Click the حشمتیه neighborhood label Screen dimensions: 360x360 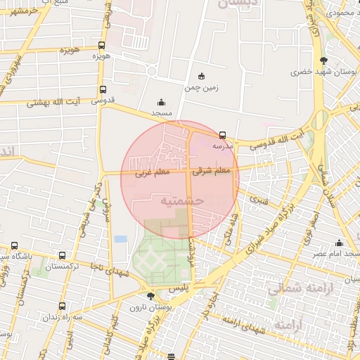pos(182,200)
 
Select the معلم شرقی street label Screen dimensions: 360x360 pos(214,170)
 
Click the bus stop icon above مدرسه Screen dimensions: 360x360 pos(223,135)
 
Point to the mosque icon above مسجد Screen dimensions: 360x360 pos(161,102)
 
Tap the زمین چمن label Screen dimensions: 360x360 pos(202,88)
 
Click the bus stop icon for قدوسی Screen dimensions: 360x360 pos(103,89)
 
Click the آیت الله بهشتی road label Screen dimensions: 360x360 pos(53,102)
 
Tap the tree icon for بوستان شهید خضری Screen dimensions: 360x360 pos(323,61)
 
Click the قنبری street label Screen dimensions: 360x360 pos(259,200)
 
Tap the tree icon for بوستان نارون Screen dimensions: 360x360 pos(150,297)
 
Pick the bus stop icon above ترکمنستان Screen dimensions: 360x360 pos(63,256)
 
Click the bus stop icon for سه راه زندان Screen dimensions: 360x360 pos(63,306)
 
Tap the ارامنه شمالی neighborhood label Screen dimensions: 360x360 pos(285,288)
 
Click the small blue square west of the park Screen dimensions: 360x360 pos(120,239)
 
